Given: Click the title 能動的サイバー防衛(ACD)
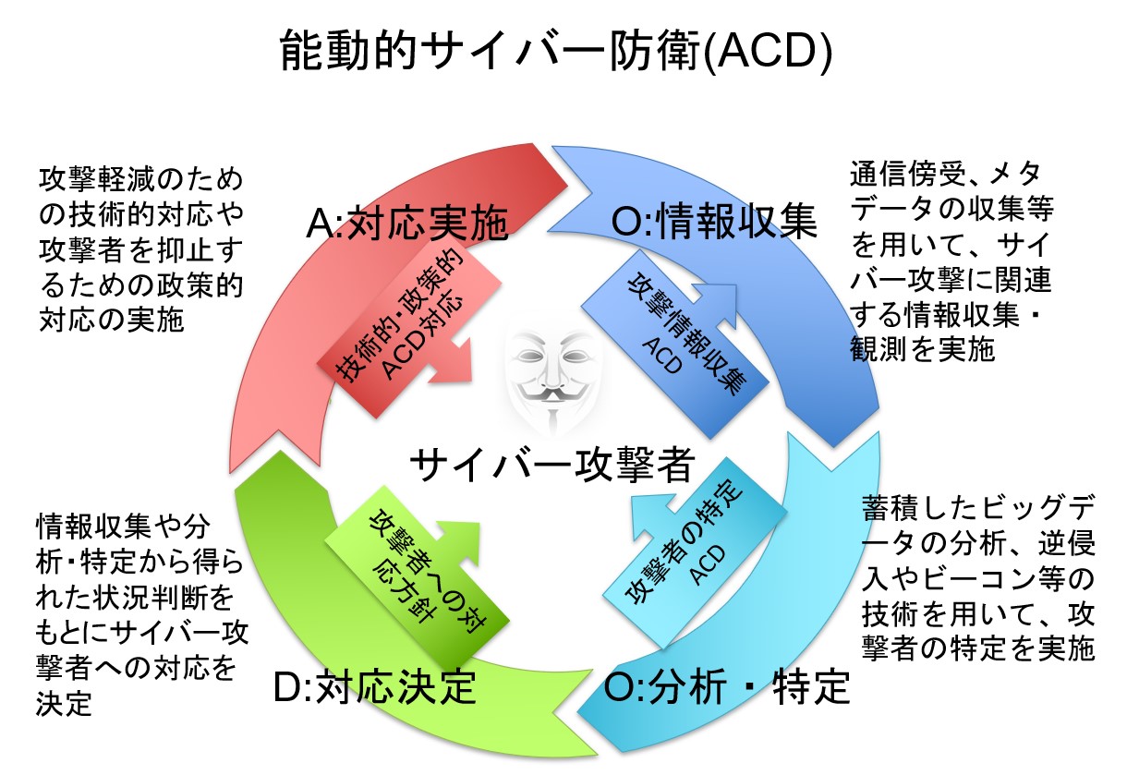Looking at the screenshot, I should coord(557,54).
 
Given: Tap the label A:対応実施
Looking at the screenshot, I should coord(407,223).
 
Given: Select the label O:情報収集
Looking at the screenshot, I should coord(713,223).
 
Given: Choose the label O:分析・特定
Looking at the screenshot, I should coord(726,686).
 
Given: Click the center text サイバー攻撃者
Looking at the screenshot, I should coord(551,464).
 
